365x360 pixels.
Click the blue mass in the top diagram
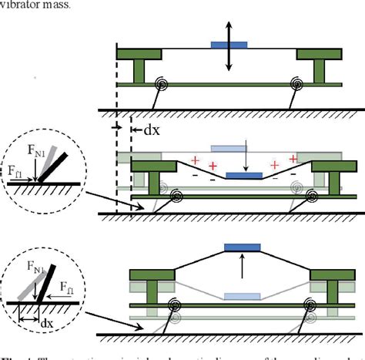click(229, 46)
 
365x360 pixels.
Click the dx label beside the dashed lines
click(152, 130)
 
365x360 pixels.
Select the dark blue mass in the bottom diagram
click(243, 247)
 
